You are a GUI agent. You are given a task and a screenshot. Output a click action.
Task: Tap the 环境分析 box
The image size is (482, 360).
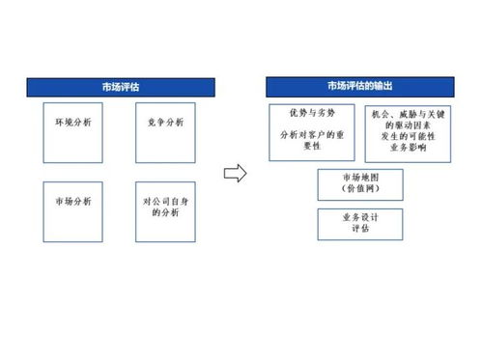pos(72,132)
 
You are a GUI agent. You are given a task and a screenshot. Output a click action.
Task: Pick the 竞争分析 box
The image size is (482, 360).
pos(166,132)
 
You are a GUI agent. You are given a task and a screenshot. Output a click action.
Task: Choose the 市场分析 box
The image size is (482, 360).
pos(72,211)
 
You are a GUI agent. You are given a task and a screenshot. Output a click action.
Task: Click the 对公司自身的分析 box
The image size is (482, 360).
pos(166,211)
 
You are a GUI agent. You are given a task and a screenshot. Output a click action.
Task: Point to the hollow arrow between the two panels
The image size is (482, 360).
pos(234,174)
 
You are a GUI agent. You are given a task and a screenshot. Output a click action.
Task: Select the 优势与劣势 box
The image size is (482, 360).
pos(314,133)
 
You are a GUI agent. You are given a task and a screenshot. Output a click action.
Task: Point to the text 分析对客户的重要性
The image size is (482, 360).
pos(313,141)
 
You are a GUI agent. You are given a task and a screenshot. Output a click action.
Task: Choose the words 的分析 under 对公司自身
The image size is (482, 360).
pos(166,214)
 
